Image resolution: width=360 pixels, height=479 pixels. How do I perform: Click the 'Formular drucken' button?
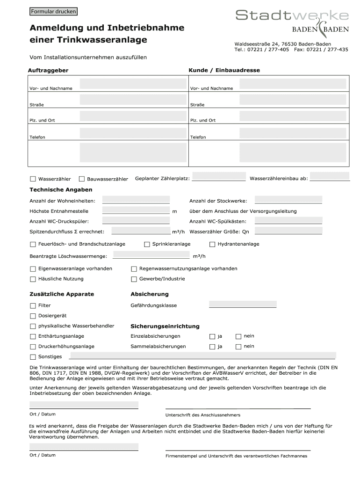click(53, 11)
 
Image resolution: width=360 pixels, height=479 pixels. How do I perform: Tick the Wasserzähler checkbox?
click(33, 179)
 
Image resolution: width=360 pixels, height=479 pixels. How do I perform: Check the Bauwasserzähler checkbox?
click(82, 179)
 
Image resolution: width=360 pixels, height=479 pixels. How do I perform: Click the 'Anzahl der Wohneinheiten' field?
click(136, 200)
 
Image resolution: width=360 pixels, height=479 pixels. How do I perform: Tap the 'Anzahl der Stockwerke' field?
click(288, 200)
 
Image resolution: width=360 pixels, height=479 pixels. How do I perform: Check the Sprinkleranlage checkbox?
click(147, 244)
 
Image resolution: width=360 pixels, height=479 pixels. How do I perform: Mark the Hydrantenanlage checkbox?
click(212, 244)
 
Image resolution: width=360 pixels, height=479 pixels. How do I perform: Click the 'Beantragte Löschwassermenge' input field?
click(151, 255)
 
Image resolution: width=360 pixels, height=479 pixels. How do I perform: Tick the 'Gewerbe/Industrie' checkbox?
click(134, 279)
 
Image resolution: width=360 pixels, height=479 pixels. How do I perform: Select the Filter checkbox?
click(33, 305)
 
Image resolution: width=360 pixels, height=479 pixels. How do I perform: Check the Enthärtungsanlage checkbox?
click(33, 336)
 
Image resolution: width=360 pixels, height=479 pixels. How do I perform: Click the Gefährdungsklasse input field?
click(243, 305)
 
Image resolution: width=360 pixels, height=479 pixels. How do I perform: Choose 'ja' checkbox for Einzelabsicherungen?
click(212, 336)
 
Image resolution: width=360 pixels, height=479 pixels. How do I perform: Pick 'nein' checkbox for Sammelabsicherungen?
click(238, 347)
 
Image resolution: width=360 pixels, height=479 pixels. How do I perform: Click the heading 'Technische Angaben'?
click(61, 190)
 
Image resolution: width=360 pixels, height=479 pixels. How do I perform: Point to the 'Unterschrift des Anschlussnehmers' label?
click(203, 415)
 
